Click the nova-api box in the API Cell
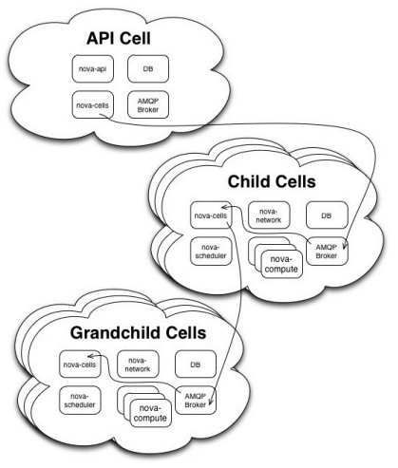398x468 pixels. click(93, 68)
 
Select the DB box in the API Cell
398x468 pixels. click(148, 68)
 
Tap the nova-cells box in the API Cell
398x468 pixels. click(93, 105)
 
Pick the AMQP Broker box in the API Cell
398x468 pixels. click(148, 105)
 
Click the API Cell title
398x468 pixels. click(119, 38)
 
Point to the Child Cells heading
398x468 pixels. click(272, 181)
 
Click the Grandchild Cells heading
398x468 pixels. click(139, 333)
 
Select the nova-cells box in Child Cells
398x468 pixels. click(211, 215)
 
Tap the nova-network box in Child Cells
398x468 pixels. click(269, 215)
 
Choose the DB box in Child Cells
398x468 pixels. click(327, 215)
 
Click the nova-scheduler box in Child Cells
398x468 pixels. click(211, 252)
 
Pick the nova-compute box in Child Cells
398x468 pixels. click(281, 264)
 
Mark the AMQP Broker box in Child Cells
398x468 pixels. click(327, 252)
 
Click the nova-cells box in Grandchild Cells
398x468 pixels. click(80, 365)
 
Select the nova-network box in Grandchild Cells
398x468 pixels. click(138, 365)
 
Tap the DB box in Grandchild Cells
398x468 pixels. click(196, 365)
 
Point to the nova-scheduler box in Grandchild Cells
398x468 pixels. click(80, 401)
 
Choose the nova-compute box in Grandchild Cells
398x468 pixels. click(151, 413)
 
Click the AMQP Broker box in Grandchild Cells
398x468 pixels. click(196, 401)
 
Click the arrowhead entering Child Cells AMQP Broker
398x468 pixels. click(345, 246)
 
